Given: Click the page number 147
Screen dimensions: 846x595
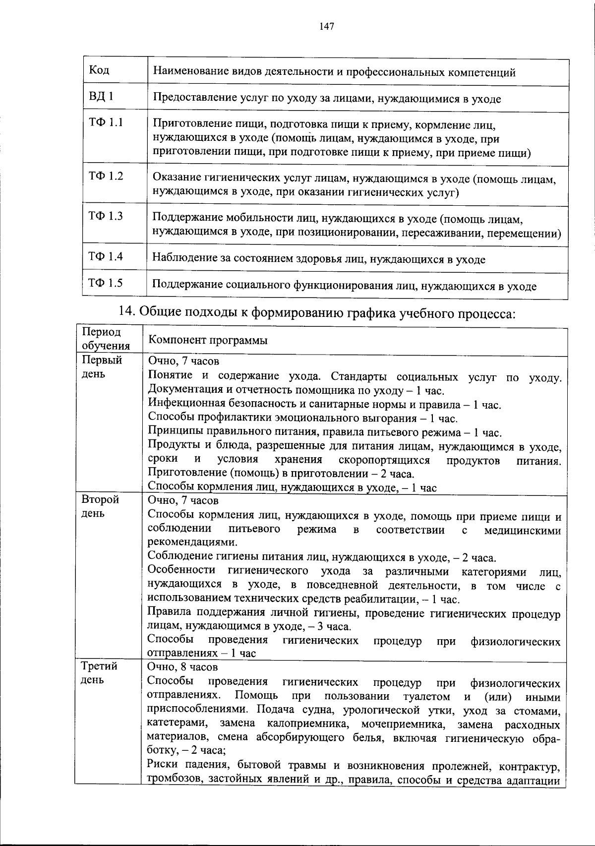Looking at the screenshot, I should tap(327, 26).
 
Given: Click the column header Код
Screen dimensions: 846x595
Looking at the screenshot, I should tap(99, 70).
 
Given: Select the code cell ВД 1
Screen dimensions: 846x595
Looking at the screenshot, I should tap(101, 96).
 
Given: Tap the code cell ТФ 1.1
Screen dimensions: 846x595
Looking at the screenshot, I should tap(106, 122).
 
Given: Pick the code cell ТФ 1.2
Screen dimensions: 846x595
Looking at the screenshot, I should tap(106, 176).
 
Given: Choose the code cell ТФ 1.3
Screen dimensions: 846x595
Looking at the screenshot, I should tap(106, 216).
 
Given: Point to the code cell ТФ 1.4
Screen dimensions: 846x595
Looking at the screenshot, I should tap(106, 256).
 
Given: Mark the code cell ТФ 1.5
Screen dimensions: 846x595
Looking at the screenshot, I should tap(106, 283).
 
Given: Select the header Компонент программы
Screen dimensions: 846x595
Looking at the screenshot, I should tap(208, 341).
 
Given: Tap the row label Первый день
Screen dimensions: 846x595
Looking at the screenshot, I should tap(102, 366).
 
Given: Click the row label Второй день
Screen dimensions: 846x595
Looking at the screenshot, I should tap(100, 506).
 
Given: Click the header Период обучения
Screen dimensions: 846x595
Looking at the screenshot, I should tap(106, 339).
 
